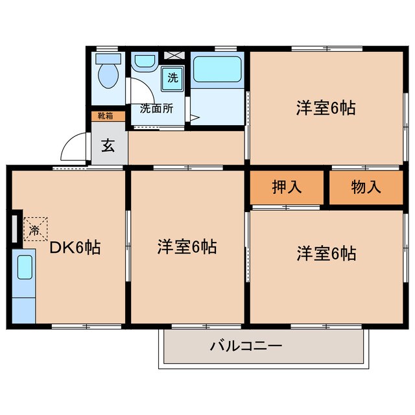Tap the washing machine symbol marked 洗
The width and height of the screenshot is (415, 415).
(172, 78)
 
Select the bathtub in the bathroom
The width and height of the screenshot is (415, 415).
(217, 72)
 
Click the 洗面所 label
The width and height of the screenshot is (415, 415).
(156, 109)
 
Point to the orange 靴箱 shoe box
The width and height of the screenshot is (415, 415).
(104, 117)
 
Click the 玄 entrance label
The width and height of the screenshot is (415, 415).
(108, 145)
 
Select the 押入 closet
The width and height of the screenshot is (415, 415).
(287, 187)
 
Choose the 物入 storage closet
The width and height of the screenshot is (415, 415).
(366, 187)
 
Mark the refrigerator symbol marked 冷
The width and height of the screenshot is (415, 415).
(35, 229)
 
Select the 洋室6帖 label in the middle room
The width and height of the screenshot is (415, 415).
(187, 247)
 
